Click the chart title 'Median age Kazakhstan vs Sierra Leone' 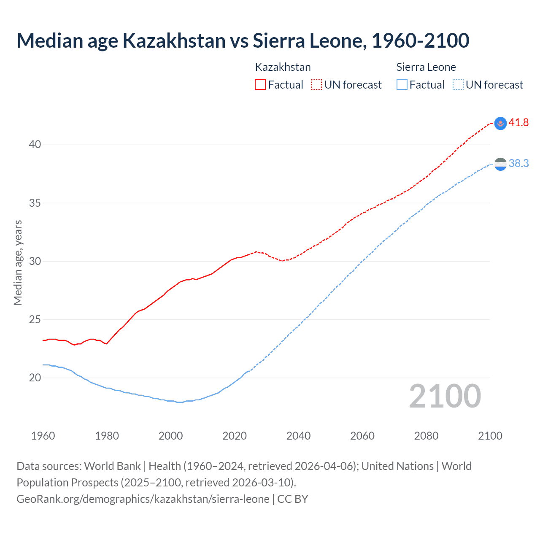[x=243, y=41]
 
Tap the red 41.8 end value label [x=518, y=123]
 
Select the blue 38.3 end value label [x=518, y=163]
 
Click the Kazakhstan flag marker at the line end [x=500, y=123]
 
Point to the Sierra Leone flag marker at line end [x=500, y=164]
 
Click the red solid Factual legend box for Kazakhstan [x=260, y=85]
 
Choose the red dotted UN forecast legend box [x=316, y=85]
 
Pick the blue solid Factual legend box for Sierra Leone [x=402, y=85]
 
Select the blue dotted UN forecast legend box [x=458, y=85]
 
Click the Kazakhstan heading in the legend [x=283, y=67]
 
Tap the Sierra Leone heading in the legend [x=426, y=67]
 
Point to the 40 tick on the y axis [x=35, y=145]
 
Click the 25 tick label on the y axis [x=35, y=320]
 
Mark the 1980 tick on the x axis [x=107, y=436]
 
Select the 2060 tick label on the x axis [x=362, y=436]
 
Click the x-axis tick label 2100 [x=490, y=436]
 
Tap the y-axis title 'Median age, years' [x=18, y=262]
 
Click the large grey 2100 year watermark [x=445, y=396]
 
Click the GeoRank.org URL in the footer [x=143, y=499]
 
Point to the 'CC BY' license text [x=293, y=499]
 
